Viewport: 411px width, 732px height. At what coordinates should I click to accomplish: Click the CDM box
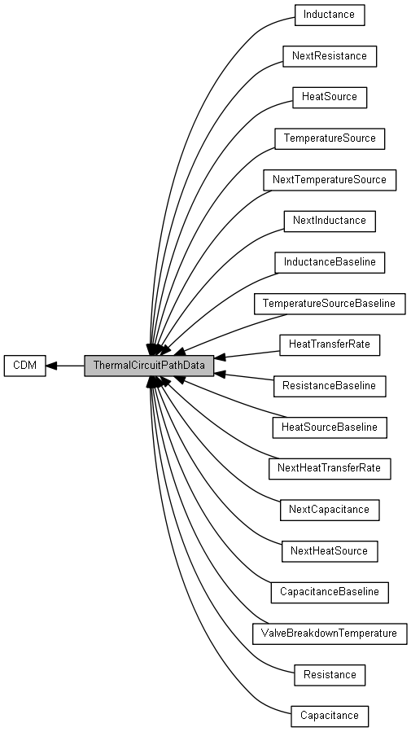24,366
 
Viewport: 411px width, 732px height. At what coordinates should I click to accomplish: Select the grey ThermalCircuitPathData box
149,366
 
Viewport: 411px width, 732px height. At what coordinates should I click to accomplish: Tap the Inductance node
330,15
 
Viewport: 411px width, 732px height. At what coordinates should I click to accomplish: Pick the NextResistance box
330,56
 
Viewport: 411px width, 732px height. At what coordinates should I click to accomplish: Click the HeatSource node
330,97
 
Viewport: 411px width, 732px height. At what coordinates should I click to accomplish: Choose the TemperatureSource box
330,138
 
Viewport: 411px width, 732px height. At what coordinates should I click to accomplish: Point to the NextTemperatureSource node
330,180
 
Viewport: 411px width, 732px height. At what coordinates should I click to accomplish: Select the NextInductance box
330,221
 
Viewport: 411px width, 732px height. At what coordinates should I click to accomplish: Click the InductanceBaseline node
330,262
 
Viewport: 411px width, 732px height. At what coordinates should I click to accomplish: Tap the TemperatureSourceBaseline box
330,304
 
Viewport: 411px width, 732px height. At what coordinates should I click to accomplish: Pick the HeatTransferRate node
330,345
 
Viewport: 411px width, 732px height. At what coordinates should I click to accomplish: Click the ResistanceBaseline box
330,386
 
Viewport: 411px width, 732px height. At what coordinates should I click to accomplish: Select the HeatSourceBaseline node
330,427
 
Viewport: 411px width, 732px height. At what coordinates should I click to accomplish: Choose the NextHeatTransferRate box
330,468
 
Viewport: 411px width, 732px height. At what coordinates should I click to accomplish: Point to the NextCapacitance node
330,510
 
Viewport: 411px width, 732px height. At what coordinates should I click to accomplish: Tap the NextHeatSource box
330,551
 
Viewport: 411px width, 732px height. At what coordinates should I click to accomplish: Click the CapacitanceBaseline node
330,592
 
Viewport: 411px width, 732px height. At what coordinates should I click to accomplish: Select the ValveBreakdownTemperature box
330,633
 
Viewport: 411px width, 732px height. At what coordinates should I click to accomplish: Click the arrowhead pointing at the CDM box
51,366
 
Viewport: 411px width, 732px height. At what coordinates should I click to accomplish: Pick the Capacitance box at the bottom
330,716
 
